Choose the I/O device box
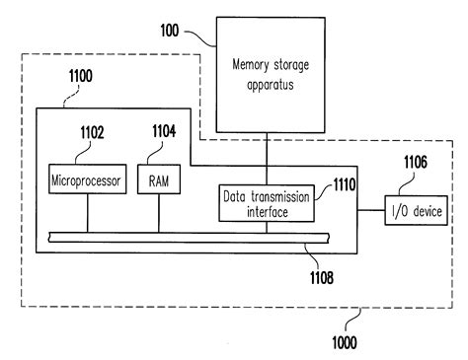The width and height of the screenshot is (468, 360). tap(418, 210)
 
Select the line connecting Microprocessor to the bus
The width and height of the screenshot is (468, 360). tap(87, 211)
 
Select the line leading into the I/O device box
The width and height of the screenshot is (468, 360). tap(371, 210)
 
